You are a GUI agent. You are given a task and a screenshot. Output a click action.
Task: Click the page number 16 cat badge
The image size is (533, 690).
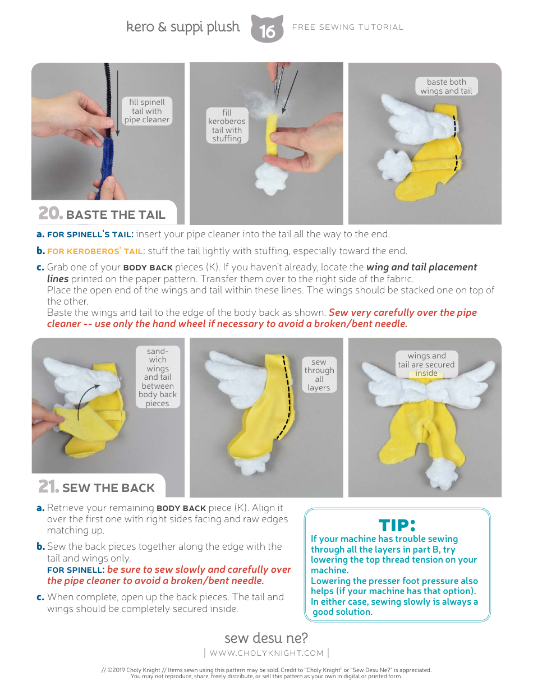[267, 29]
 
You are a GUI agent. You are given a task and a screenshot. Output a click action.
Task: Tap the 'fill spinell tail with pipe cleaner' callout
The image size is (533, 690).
[146, 111]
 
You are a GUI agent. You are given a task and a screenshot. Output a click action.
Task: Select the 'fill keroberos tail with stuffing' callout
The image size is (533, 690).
[227, 126]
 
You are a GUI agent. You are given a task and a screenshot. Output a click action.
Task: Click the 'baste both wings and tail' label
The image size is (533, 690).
[447, 86]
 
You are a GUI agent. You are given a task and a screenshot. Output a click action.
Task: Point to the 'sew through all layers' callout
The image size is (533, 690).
[319, 375]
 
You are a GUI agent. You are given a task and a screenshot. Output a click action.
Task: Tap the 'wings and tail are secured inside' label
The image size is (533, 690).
[426, 364]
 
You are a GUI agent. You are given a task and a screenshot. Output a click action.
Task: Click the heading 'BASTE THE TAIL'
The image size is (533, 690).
[116, 215]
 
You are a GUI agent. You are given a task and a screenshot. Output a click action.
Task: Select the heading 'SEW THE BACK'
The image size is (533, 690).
[108, 488]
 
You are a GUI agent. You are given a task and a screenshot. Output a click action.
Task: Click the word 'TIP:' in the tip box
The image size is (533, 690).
[397, 526]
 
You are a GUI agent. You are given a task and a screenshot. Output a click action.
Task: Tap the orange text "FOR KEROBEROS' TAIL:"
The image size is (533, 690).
[96, 251]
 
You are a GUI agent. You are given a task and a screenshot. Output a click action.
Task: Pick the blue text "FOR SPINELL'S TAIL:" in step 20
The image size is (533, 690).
[90, 234]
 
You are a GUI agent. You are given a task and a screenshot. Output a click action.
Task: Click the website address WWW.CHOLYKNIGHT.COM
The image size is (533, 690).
[266, 653]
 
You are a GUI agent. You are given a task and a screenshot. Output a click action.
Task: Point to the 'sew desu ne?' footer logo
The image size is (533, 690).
[266, 638]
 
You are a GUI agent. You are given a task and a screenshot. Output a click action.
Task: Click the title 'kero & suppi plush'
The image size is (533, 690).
[183, 27]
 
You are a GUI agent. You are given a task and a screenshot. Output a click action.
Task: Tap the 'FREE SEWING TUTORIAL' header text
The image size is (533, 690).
[348, 27]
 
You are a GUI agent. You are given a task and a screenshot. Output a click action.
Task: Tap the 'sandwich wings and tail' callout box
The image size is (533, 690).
[158, 377]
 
